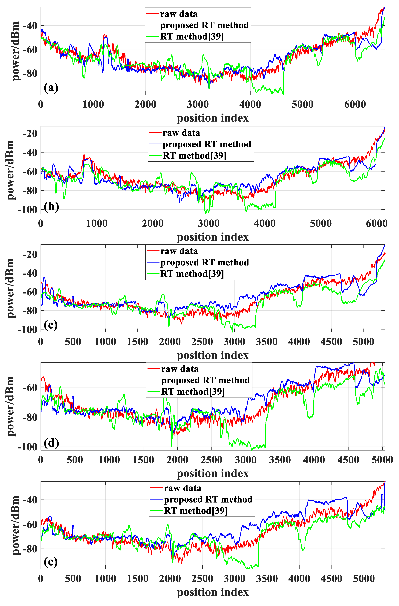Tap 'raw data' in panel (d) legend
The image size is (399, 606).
click(180, 369)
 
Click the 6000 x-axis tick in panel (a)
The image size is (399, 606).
click(355, 104)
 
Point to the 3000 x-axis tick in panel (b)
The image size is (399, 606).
click(208, 224)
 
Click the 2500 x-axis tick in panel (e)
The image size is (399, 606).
click(202, 579)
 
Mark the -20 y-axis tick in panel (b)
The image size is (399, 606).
click(30, 133)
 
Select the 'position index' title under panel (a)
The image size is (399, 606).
click(213, 118)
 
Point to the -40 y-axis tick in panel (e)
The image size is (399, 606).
click(30, 500)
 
